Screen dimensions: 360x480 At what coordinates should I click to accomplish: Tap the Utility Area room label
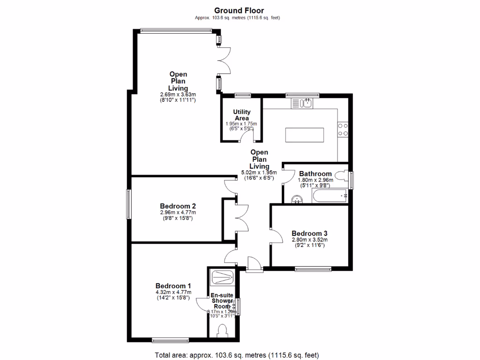tap(242, 115)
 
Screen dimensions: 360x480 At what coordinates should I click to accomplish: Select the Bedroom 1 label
tap(173, 285)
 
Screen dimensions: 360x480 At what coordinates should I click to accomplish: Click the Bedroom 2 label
tap(178, 206)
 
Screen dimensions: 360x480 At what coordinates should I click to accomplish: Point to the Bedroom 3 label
tap(309, 233)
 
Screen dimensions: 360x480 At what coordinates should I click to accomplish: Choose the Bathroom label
tap(315, 173)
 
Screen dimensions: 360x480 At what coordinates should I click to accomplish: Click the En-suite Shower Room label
tap(222, 300)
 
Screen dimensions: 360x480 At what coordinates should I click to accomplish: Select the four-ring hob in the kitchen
tap(343, 129)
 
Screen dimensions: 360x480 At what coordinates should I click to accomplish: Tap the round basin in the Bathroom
tap(296, 199)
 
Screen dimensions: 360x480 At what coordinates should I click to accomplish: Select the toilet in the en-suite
tap(222, 332)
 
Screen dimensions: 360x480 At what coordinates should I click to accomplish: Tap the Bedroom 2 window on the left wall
tap(128, 203)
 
